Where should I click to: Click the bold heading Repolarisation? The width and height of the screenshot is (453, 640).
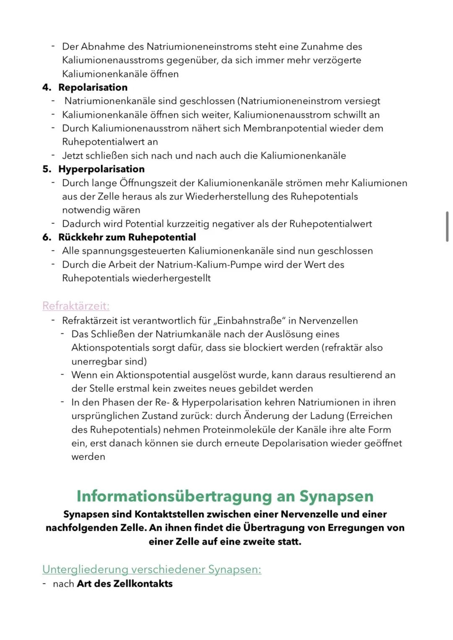(x=93, y=87)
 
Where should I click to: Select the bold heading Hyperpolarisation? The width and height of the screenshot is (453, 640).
(x=101, y=169)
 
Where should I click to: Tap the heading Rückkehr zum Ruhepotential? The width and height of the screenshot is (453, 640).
(x=127, y=237)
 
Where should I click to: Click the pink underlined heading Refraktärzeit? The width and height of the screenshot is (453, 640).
(x=76, y=306)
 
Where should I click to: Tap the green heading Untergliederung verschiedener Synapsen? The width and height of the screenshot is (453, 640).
(x=151, y=569)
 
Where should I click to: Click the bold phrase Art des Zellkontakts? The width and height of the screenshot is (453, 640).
(x=125, y=583)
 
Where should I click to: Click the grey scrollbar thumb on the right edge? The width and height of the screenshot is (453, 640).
(x=447, y=226)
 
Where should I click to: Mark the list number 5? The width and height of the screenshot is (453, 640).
(x=47, y=169)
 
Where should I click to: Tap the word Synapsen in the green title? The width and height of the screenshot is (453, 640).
(x=336, y=496)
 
